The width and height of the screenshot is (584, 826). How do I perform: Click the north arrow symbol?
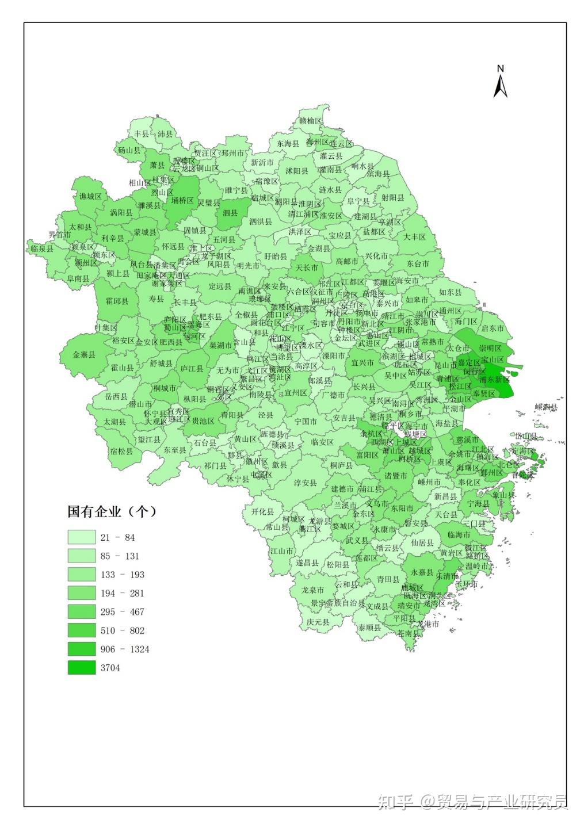pyautogui.click(x=500, y=82)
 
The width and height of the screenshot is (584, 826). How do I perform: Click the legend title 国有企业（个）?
pyautogui.click(x=112, y=511)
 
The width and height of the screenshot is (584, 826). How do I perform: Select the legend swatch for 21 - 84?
pyautogui.click(x=82, y=537)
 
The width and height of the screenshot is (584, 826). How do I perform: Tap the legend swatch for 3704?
pyautogui.click(x=82, y=668)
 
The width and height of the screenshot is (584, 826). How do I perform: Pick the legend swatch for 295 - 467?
pyautogui.click(x=82, y=612)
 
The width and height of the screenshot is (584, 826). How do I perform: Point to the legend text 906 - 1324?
pyautogui.click(x=125, y=649)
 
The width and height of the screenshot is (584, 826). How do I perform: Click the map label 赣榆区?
pyautogui.click(x=311, y=121)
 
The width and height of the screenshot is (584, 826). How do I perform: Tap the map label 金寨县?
pyautogui.click(x=84, y=355)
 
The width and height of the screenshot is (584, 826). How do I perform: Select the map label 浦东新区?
pyautogui.click(x=494, y=380)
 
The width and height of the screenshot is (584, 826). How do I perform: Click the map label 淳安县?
pyautogui.click(x=306, y=483)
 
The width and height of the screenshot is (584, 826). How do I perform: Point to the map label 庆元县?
pyautogui.click(x=318, y=622)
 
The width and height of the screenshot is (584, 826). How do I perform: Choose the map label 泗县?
pyautogui.click(x=230, y=213)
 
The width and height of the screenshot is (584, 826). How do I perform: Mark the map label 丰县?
pyautogui.click(x=141, y=133)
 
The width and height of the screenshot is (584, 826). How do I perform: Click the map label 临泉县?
pyautogui.click(x=42, y=248)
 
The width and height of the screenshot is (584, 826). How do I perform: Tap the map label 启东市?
pyautogui.click(x=493, y=328)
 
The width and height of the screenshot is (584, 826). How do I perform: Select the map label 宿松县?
pyautogui.click(x=121, y=452)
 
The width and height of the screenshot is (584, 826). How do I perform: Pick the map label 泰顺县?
pyautogui.click(x=369, y=628)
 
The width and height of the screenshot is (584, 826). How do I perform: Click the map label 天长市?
pyautogui.click(x=307, y=267)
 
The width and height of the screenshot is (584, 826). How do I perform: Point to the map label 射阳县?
pyautogui.click(x=392, y=197)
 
